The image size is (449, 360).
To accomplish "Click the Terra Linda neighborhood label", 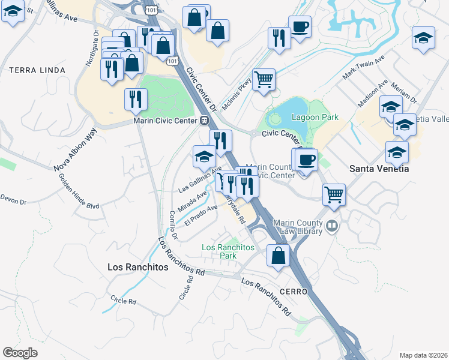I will point(37,70).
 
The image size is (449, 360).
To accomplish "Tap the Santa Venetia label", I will point(379,169).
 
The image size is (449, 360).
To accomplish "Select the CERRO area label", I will point(294,291).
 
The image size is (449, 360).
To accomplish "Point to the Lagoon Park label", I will point(315,118).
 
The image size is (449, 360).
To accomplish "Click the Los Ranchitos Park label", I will point(228,251).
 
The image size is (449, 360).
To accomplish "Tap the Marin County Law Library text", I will point(300,227).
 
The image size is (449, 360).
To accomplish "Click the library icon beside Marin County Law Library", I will point(333,227).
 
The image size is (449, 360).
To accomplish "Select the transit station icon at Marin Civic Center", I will point(205,120).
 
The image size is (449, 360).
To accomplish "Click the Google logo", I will point(20,353).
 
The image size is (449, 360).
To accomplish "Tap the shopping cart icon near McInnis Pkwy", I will point(264,80).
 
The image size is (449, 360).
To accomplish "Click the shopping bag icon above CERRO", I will point(279,256).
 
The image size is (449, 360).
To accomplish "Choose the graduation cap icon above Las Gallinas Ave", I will point(204,157).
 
